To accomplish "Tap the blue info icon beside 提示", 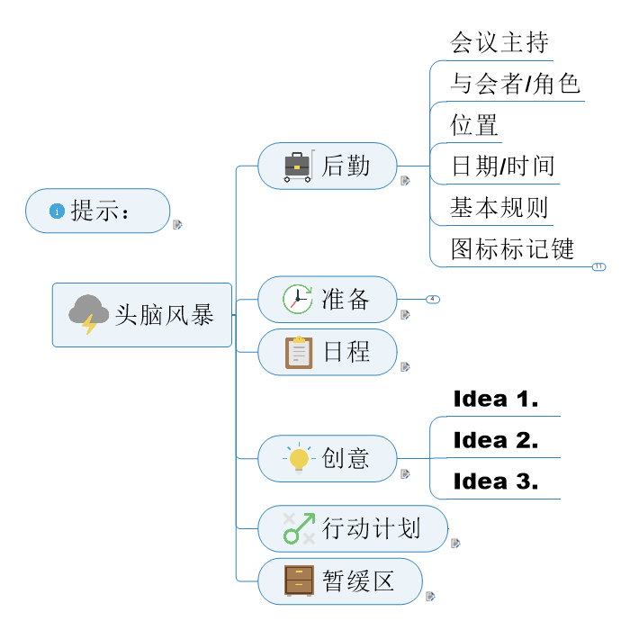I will [57, 211].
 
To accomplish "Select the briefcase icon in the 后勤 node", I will [298, 166].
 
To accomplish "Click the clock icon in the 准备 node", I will [297, 299].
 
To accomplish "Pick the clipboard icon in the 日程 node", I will [299, 352].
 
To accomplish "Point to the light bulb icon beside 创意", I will [299, 459].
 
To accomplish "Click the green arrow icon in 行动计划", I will [299, 528].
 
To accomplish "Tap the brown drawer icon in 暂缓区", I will [299, 580].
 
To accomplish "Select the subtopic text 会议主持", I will [499, 42].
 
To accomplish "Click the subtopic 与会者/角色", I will [515, 84].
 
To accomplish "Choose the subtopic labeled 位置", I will [474, 125].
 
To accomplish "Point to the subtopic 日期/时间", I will [502, 166].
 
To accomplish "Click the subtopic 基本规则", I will [499, 207].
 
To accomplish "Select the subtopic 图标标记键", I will [512, 248].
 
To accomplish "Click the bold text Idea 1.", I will [496, 399].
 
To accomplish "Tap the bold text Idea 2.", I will [496, 440].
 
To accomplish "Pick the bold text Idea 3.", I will [496, 481].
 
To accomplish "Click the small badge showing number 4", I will [432, 299].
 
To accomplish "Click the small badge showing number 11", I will [599, 266].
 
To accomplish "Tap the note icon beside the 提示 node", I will [177, 224].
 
